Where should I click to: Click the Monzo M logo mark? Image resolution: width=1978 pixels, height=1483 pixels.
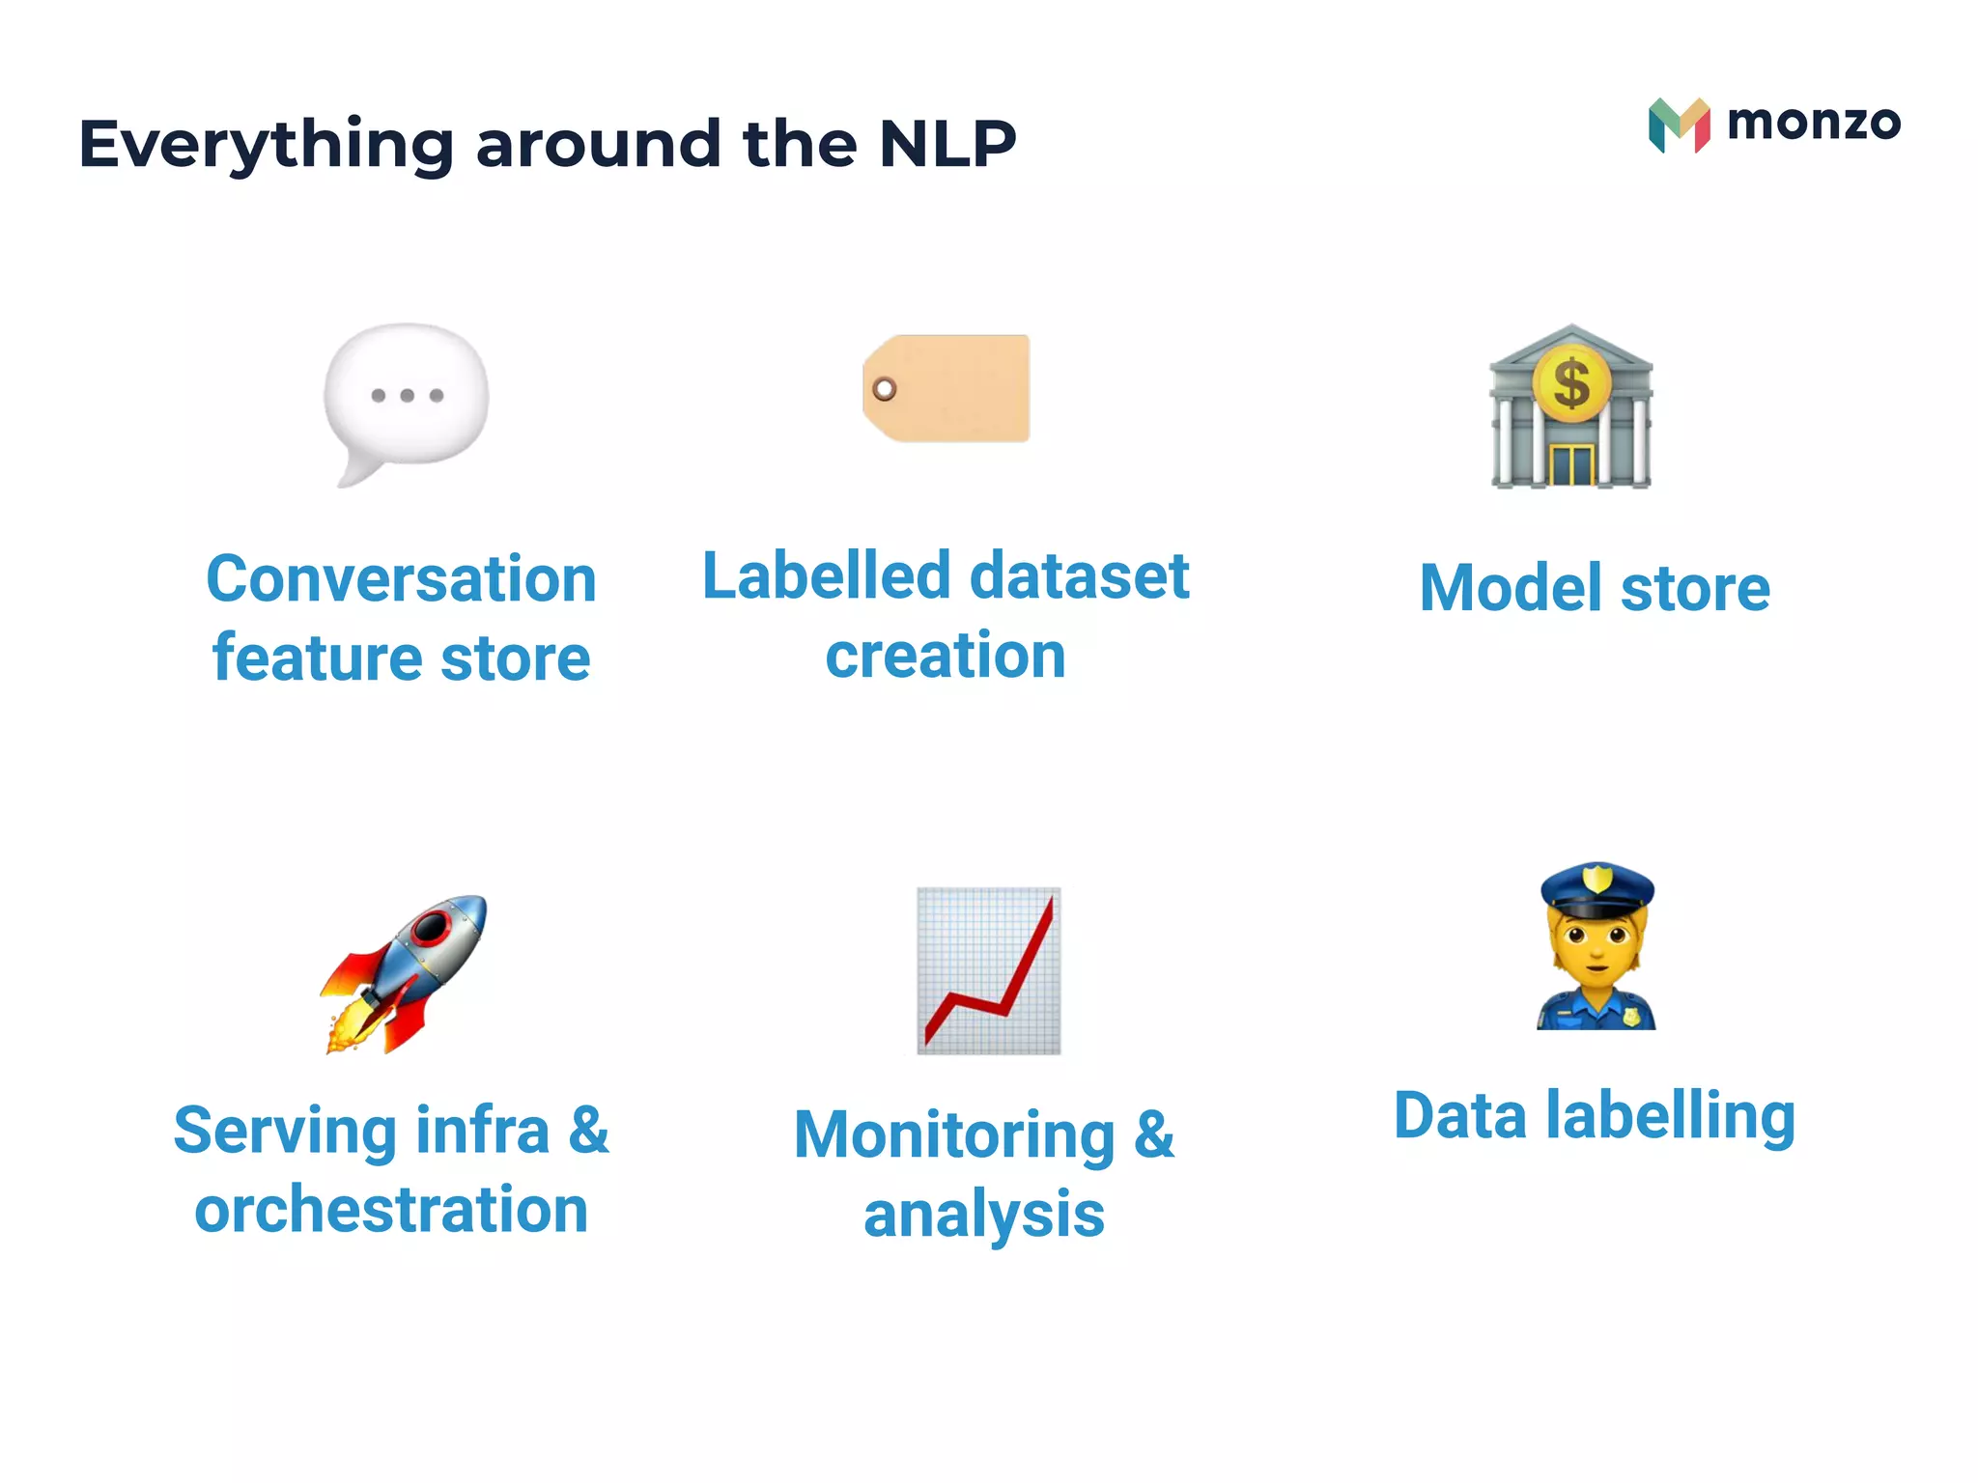1679,126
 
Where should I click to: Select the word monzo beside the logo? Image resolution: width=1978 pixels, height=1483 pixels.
1813,123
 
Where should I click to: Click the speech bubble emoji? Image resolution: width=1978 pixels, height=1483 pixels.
406,398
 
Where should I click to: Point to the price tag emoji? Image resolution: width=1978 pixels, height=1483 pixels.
947,388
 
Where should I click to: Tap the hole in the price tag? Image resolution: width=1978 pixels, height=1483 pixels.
884,389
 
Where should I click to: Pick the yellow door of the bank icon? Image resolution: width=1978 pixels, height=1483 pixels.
1571,464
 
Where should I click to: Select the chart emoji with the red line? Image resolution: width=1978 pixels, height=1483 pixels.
988,970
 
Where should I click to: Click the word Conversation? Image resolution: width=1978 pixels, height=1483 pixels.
401,579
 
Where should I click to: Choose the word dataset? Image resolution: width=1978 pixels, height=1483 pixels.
1079,576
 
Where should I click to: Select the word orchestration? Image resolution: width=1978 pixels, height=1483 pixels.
391,1210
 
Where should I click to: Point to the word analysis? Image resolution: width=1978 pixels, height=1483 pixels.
983,1215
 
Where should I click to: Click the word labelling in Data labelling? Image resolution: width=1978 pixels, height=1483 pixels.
1670,1117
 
